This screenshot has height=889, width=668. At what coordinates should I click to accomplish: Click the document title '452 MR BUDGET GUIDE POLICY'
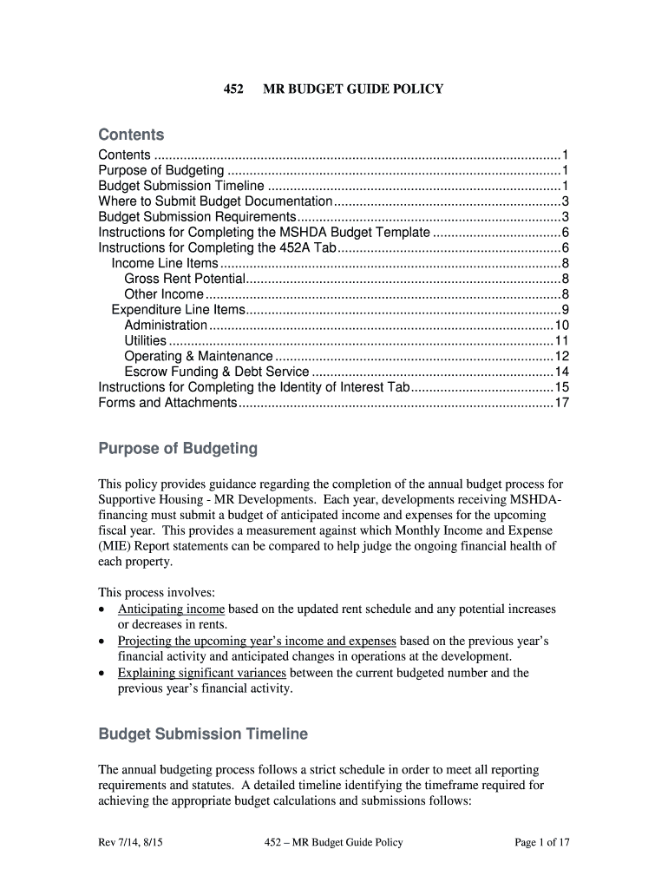pos(333,89)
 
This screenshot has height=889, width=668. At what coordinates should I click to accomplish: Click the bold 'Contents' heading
pos(131,135)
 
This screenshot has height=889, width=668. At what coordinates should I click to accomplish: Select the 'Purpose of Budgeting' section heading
pos(178,449)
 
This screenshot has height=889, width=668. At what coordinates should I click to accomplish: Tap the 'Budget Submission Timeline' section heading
pos(203,734)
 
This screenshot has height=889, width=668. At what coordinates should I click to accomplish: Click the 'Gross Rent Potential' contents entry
pos(185,279)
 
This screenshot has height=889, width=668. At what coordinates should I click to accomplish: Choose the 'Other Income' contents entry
pos(164,294)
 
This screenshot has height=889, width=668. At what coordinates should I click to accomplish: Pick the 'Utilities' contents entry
pos(146,341)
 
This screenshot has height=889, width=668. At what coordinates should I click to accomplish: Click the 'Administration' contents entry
pos(166,326)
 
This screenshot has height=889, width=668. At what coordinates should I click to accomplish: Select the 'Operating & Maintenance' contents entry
pos(198,357)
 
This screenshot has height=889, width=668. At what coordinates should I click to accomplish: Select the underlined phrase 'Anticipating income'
pos(171,609)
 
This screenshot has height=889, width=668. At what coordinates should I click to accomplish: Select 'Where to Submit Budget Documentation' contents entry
pos(215,201)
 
